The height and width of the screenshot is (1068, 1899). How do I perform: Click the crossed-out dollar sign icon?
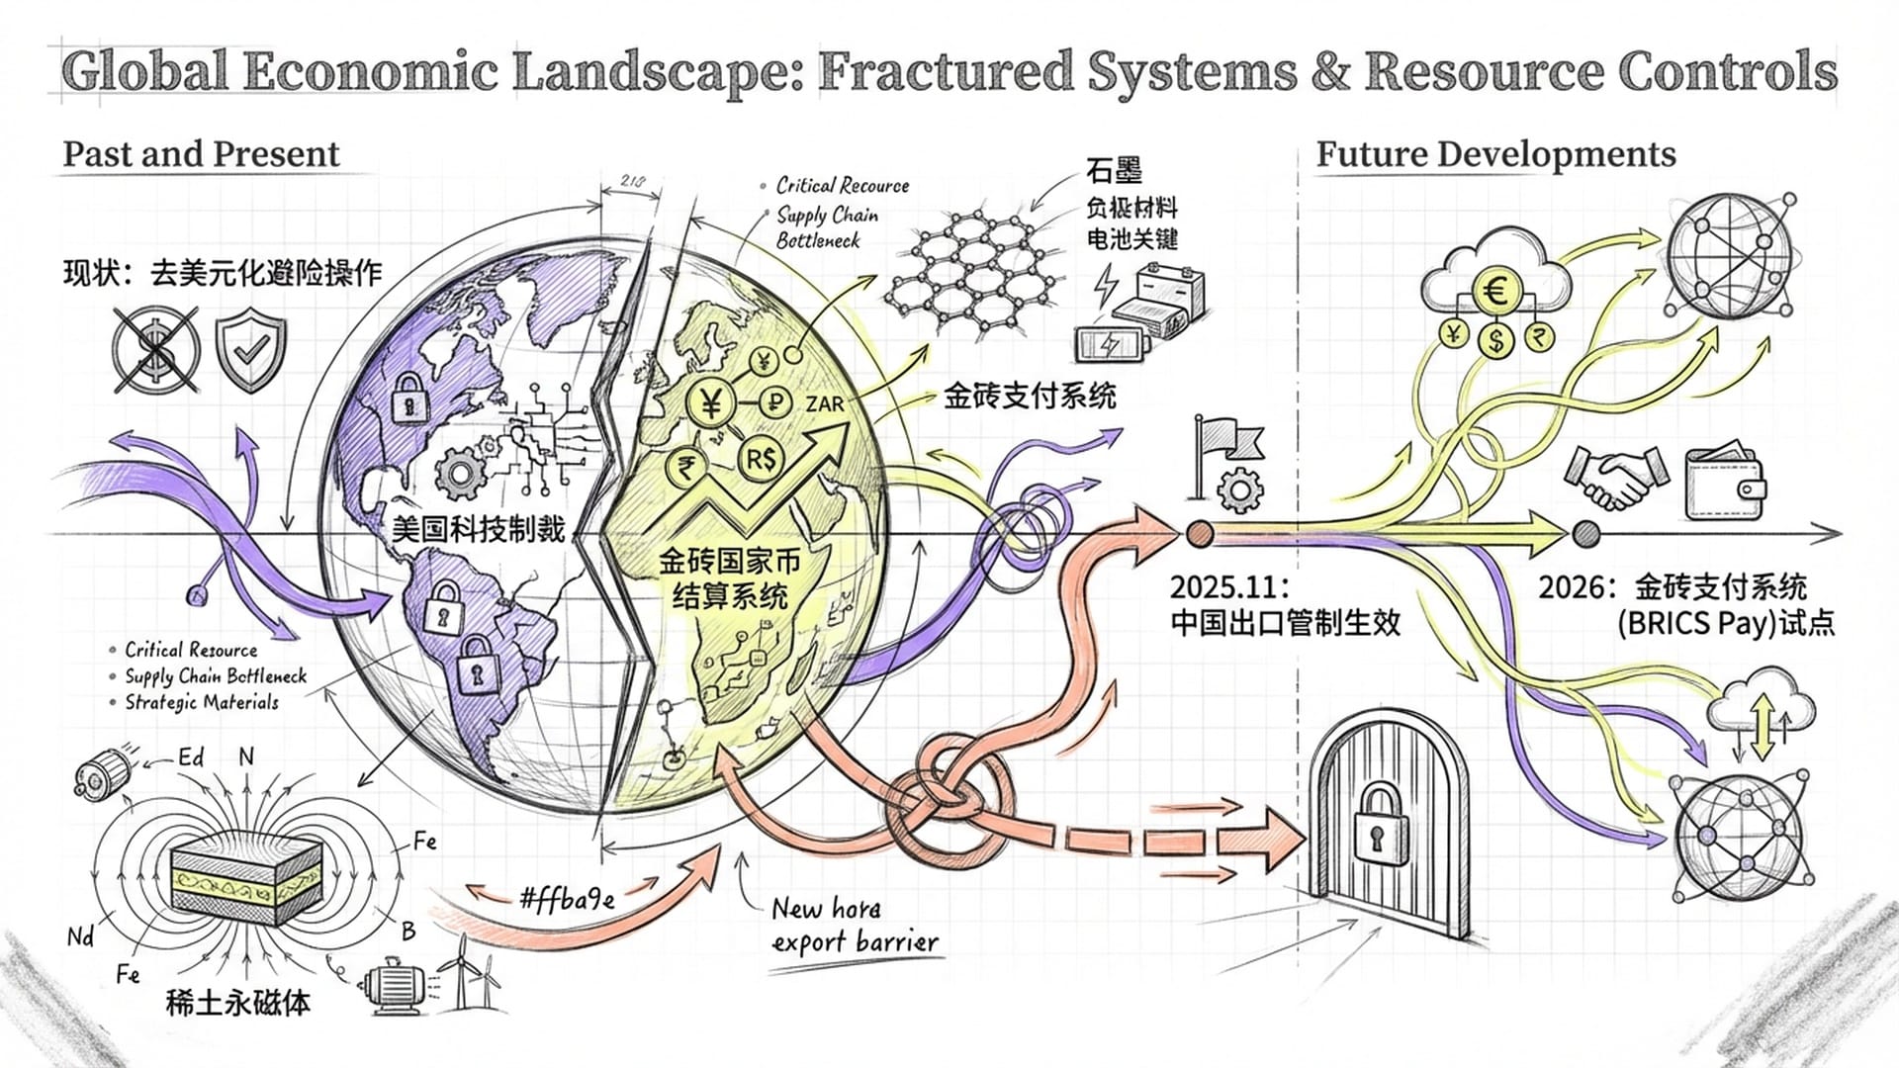pos(155,349)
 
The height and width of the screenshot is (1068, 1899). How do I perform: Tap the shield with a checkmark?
pos(251,349)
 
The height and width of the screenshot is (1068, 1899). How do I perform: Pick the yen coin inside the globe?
pos(710,402)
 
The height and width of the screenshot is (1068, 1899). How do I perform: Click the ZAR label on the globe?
pos(824,404)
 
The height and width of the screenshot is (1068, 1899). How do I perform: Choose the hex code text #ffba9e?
pos(567,898)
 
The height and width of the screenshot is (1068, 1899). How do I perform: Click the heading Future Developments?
pos(1495,154)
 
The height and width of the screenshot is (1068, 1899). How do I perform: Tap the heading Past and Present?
pos(201,154)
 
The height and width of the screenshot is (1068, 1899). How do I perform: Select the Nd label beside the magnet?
pos(80,935)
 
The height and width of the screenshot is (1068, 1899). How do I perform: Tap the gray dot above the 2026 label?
pos(1585,535)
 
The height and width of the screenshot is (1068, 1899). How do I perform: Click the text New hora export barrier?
pos(855,925)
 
